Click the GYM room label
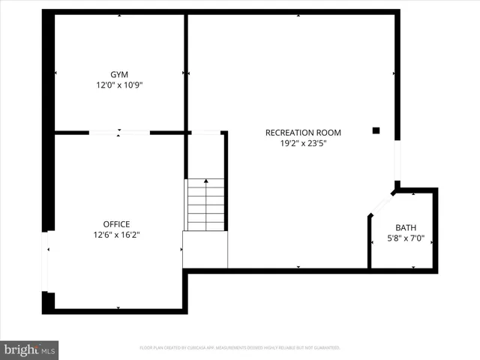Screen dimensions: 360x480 tap(119, 74)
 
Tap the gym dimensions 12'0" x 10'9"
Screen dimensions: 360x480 tap(119, 85)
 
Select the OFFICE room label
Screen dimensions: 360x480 tap(116, 223)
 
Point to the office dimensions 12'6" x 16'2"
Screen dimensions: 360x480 tap(116, 235)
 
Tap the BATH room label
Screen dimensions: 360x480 tap(406, 228)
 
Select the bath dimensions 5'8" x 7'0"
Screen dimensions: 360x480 tap(406, 239)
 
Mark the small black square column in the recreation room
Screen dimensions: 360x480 tap(376, 130)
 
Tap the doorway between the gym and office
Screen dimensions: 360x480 tap(119, 133)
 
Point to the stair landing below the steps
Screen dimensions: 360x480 tap(205, 249)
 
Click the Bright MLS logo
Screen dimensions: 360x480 tap(29, 349)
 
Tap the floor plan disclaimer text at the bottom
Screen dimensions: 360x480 tap(240, 348)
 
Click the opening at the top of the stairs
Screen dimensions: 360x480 tap(206, 133)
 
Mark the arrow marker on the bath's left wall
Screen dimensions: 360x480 tap(372, 241)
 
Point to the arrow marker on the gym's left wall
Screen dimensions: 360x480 tap(57, 73)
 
